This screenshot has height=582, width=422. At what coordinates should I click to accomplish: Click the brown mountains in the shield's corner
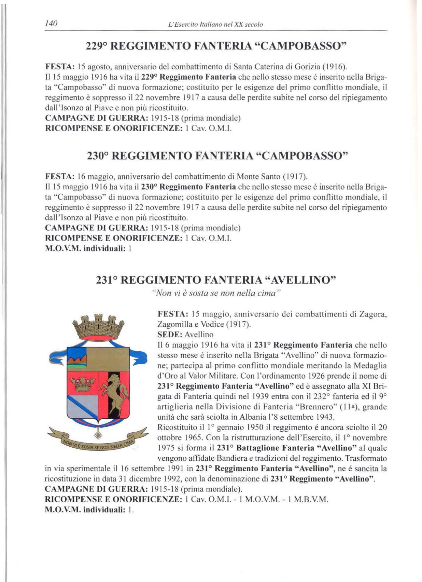77,358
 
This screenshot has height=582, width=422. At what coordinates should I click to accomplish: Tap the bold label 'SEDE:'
169,334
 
